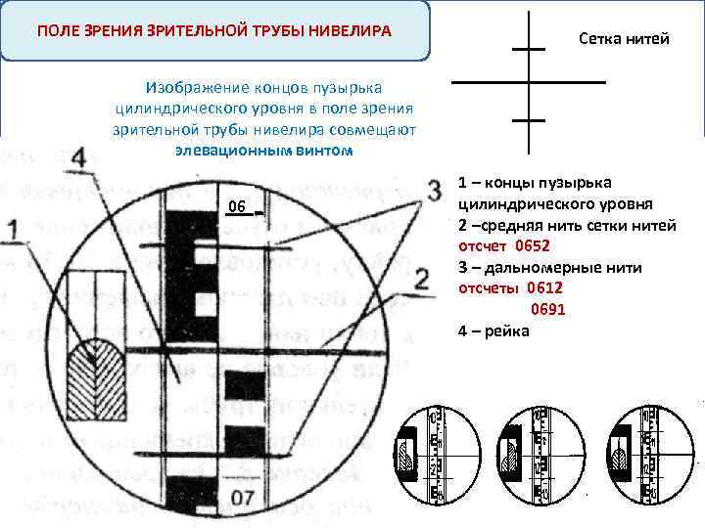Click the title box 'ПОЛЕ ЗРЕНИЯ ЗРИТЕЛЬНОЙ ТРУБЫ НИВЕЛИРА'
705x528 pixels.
215,31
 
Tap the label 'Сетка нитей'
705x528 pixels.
624,39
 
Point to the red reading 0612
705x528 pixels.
545,288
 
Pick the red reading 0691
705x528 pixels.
548,310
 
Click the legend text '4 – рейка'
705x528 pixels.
493,331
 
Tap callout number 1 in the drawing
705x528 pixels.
13,231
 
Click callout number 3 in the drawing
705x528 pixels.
433,189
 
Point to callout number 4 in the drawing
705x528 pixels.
79,156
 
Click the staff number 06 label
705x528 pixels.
236,207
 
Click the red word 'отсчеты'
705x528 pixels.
490,288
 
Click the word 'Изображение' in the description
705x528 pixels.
191,86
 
